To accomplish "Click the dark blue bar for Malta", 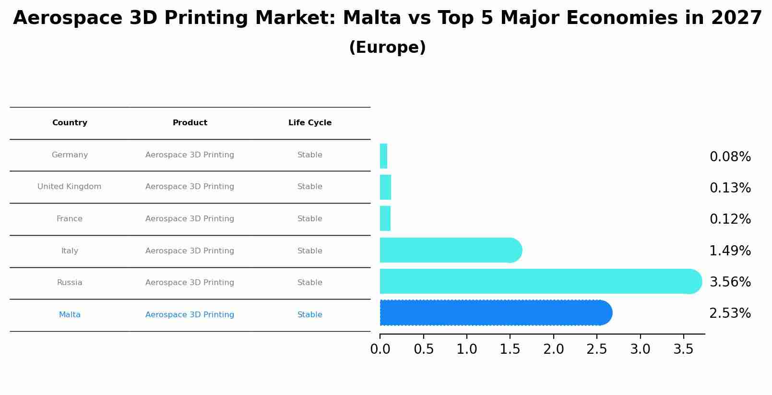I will (494, 312).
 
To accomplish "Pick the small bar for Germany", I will (383, 156).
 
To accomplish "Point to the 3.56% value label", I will (730, 282).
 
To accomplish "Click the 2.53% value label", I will (730, 313).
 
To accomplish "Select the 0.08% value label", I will (730, 157).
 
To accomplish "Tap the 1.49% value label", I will (730, 251).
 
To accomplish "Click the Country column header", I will (70, 123).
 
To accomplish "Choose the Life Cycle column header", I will (310, 123).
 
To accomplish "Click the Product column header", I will (190, 123).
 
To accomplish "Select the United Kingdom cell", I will (70, 187).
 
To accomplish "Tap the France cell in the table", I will (70, 219).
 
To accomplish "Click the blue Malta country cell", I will (70, 315).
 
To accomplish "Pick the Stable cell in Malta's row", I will (310, 315).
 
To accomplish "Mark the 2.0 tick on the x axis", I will (553, 349).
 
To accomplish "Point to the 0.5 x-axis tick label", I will (423, 349).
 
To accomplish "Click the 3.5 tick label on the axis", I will (683, 349).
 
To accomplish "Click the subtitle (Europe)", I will (387, 48).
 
